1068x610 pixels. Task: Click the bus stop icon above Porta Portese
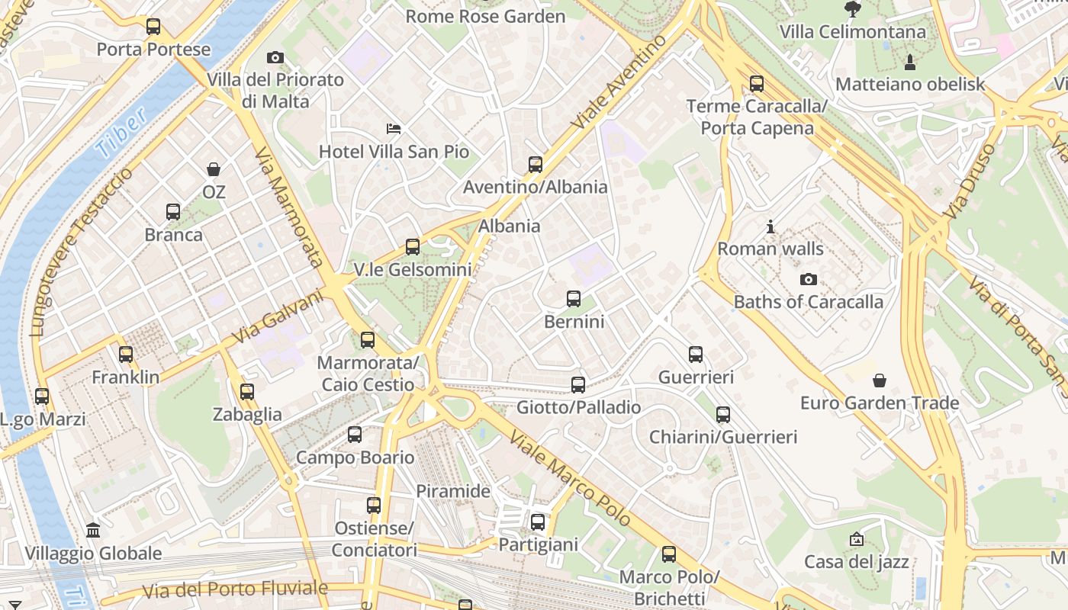[153, 27]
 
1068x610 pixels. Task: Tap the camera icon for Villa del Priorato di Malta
[275, 57]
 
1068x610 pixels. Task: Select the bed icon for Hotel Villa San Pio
[394, 128]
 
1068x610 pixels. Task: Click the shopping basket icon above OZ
[214, 169]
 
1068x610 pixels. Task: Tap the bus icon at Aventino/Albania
[536, 164]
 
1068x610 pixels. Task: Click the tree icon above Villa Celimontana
[853, 9]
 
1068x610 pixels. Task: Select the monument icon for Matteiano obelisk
[909, 62]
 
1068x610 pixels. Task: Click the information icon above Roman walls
[770, 226]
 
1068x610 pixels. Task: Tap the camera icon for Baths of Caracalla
[809, 279]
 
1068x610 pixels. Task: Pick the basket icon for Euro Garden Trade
[880, 380]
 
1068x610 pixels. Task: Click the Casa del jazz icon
[857, 539]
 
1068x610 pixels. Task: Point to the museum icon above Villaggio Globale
[93, 530]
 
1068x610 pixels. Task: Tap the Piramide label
[453, 491]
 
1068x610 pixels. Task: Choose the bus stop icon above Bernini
[574, 299]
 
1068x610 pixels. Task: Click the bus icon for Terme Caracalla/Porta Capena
[757, 83]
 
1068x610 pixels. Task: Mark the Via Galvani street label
[278, 317]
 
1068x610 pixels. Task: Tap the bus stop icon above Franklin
[126, 355]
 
